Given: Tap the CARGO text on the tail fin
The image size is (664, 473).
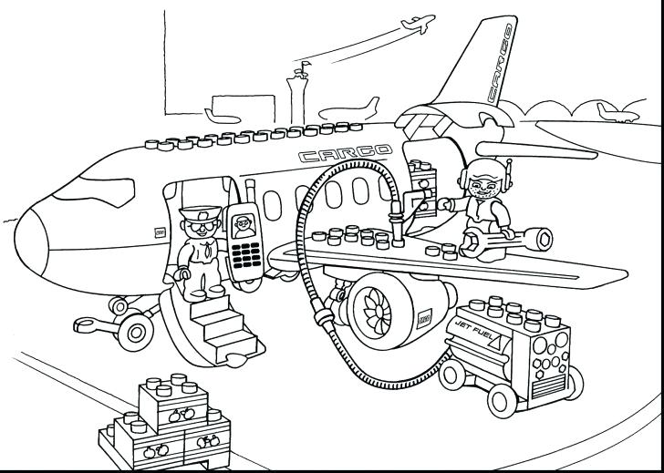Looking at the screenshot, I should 499,62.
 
